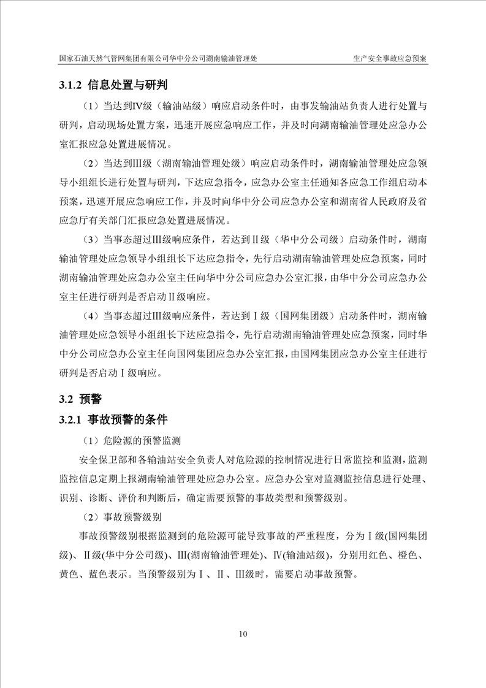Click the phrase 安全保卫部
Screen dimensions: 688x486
pos(100,461)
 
